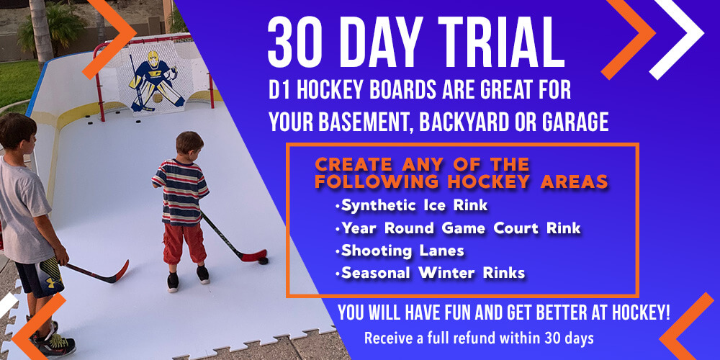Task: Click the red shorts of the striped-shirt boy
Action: pos(184,243)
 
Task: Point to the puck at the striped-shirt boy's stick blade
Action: pos(263,261)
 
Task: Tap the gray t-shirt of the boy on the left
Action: pos(25,211)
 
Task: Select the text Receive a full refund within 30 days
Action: pos(479,339)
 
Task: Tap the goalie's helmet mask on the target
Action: pos(153,59)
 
